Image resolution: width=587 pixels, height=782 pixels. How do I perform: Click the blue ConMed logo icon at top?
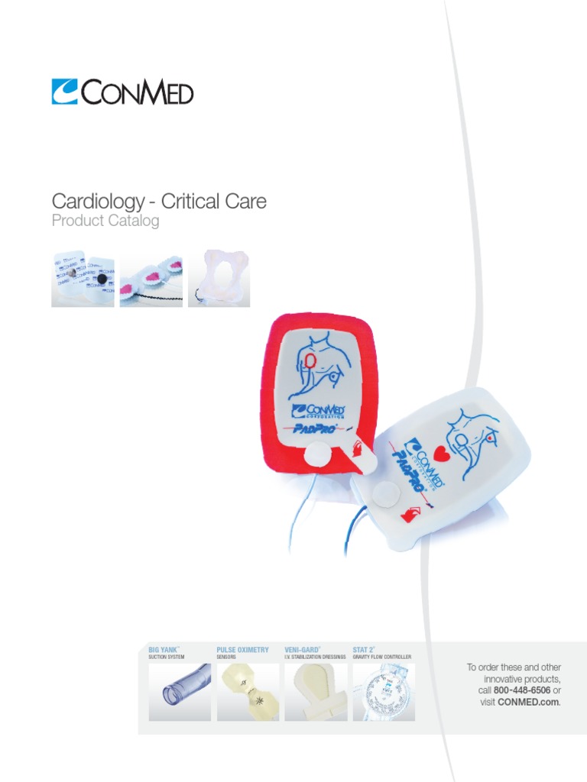[x=65, y=92]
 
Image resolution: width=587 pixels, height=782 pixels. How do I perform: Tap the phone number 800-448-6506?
[x=522, y=690]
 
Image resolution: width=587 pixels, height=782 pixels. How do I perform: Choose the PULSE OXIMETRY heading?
[x=242, y=650]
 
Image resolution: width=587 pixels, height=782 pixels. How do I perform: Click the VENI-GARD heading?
[x=302, y=650]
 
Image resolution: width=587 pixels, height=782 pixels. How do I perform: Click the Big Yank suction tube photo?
[x=180, y=692]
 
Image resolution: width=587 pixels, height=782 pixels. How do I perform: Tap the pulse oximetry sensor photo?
[x=248, y=692]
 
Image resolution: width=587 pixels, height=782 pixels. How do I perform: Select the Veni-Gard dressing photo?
[x=316, y=692]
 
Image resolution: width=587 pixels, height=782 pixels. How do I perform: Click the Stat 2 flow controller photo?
[x=384, y=692]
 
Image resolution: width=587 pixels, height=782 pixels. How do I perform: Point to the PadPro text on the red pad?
[x=317, y=428]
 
